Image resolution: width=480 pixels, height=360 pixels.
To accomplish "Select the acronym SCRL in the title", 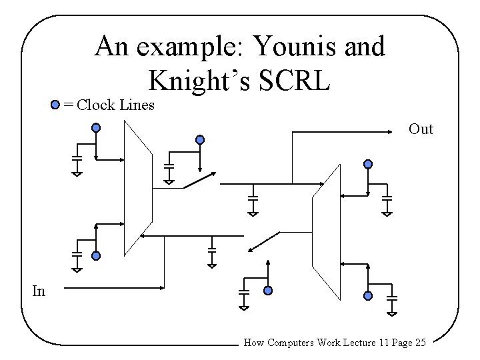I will pyautogui.click(x=293, y=81).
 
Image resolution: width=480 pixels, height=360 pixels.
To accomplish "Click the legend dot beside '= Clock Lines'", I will pyautogui.click(x=55, y=105).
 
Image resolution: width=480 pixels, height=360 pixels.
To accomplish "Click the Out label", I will pyautogui.click(x=421, y=129).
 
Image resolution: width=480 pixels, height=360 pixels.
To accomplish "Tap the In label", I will pyautogui.click(x=39, y=290).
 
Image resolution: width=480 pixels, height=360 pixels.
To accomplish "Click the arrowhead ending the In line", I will pyautogui.click(x=163, y=288).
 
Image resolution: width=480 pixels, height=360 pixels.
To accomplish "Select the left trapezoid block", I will pyautogui.click(x=139, y=190).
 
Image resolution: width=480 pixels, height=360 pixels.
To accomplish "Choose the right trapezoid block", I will pyautogui.click(x=327, y=233).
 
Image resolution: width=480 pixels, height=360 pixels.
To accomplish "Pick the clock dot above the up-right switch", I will pyautogui.click(x=199, y=140).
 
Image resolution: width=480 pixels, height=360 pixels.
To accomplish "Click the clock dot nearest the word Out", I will pyautogui.click(x=368, y=164).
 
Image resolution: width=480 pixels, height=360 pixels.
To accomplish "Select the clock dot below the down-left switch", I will pyautogui.click(x=268, y=291).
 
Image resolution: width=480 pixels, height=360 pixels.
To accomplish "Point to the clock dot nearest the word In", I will pyautogui.click(x=96, y=256).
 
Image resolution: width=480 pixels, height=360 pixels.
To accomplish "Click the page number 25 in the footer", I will pyautogui.click(x=420, y=343).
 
